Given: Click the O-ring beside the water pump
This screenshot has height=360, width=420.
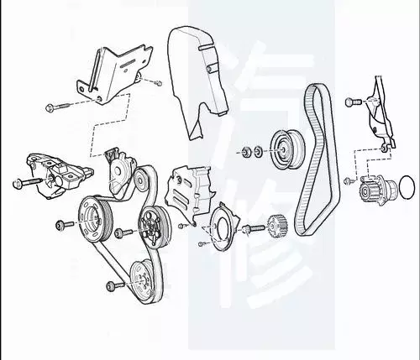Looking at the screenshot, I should click(x=407, y=183).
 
